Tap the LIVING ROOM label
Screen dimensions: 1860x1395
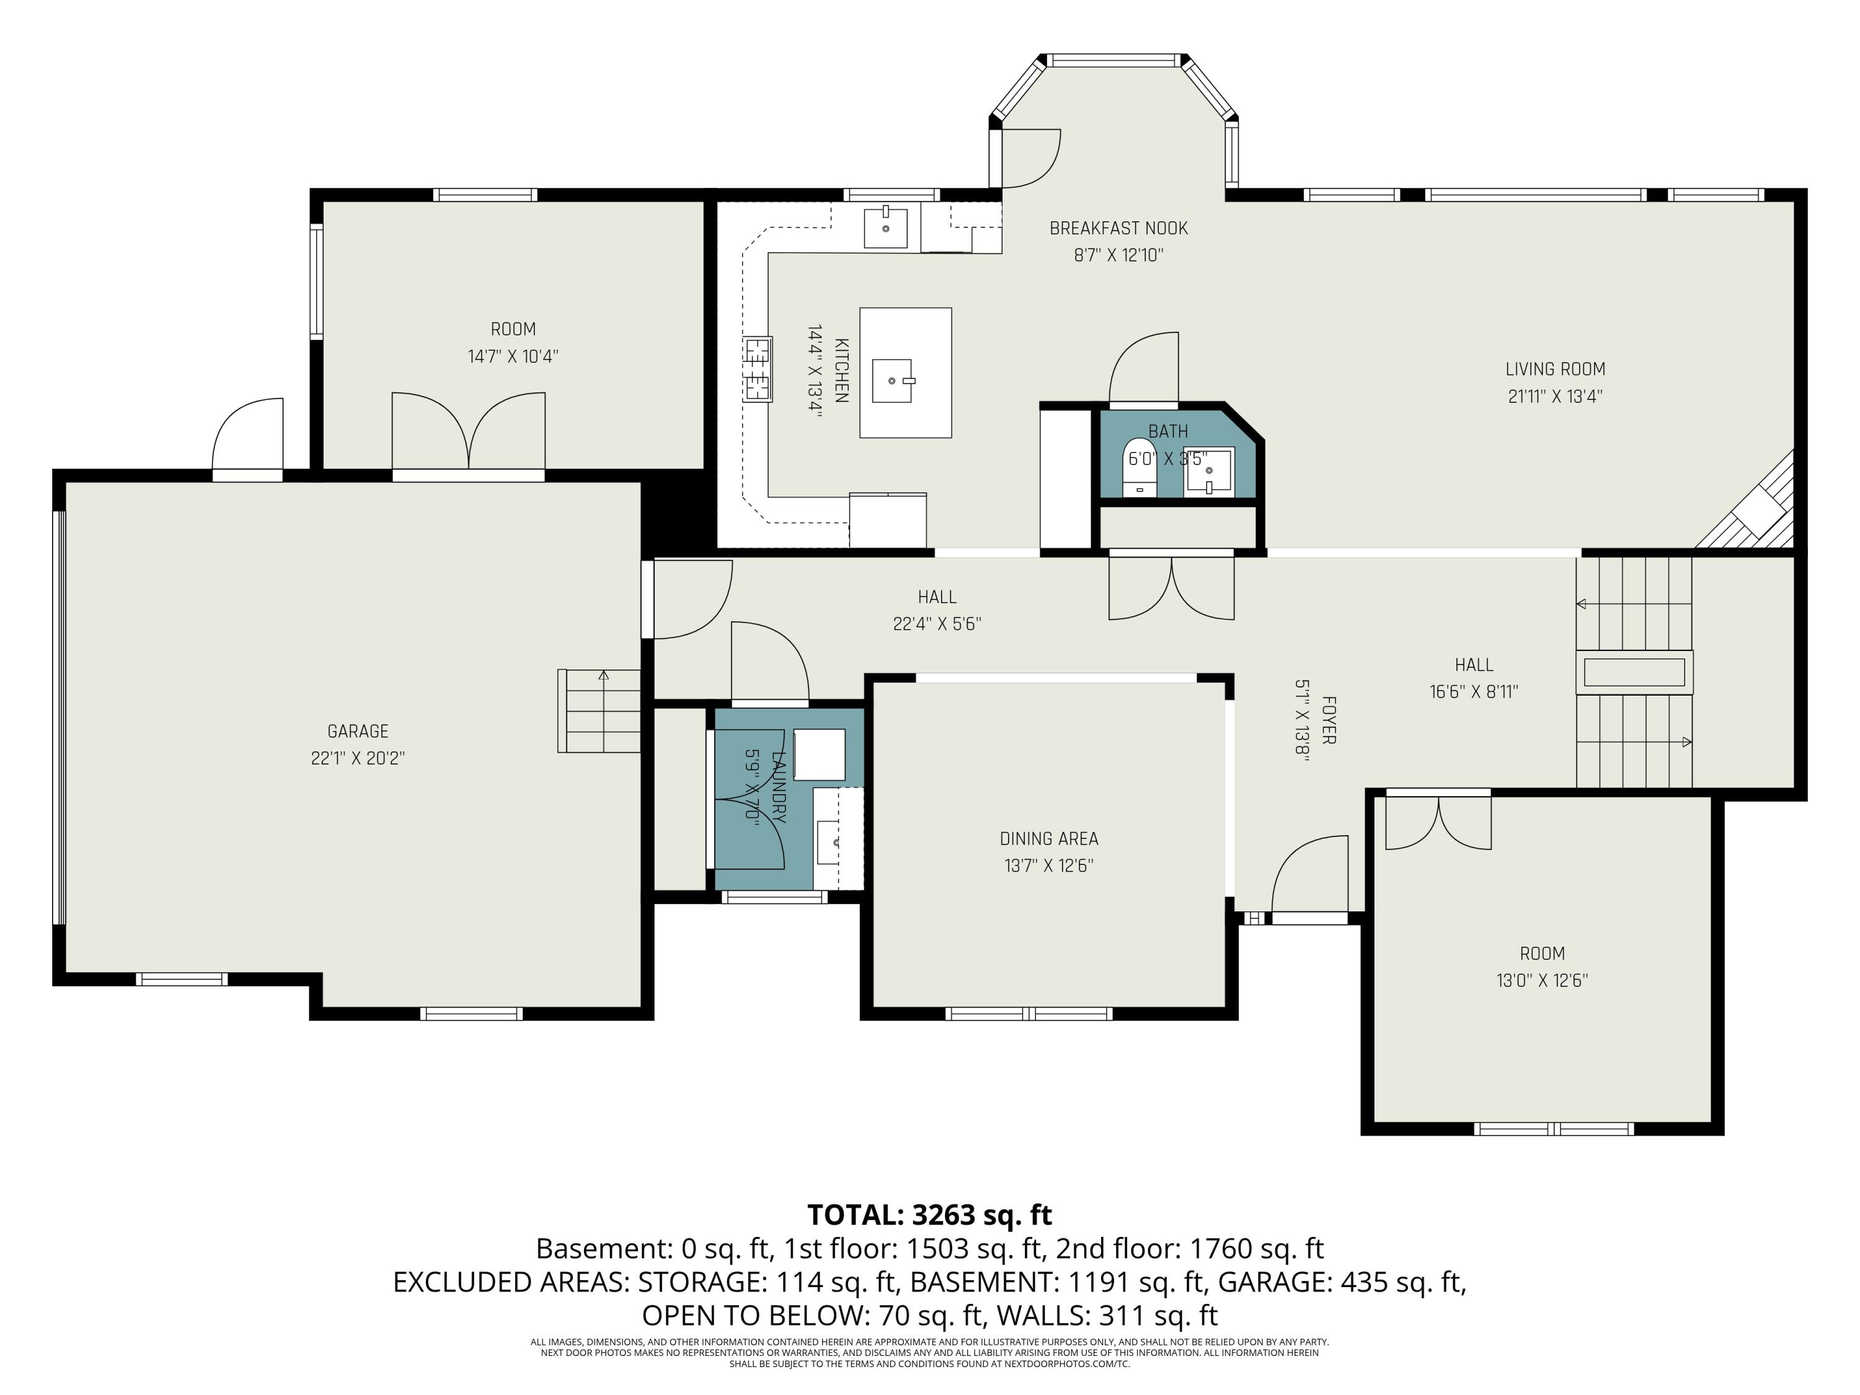1555,369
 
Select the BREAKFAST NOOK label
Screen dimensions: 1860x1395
1118,228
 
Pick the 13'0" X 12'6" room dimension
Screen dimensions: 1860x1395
1542,980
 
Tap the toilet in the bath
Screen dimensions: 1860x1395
1140,467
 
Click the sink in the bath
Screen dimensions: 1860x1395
1209,472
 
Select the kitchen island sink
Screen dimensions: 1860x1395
892,381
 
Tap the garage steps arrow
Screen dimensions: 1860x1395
603,675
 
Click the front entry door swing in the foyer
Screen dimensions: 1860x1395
1309,874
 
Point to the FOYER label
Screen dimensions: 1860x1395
1329,720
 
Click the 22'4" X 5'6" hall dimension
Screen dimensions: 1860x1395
937,624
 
